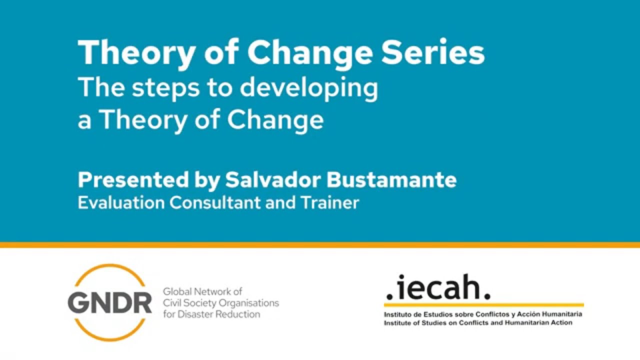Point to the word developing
point(308,89)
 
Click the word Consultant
point(215,203)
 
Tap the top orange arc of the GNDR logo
point(109,270)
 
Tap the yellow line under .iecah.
point(483,304)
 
